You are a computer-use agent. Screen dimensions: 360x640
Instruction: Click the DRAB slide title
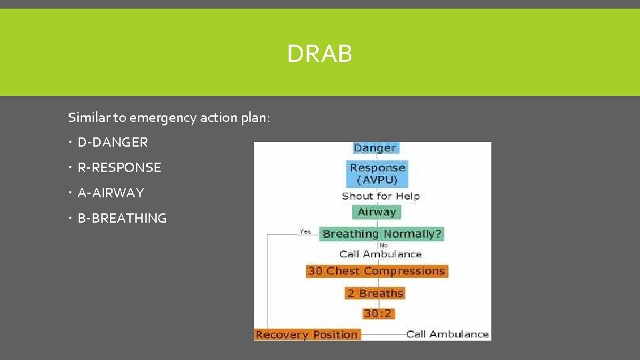click(319, 53)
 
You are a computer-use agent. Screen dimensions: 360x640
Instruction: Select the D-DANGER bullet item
click(113, 142)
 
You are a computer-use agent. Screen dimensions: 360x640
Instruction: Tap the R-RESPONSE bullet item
click(119, 167)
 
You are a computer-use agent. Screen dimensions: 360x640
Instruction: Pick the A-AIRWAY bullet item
click(111, 193)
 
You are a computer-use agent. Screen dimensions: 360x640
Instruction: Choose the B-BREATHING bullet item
click(122, 218)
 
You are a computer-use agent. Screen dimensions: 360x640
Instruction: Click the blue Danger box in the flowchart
click(375, 148)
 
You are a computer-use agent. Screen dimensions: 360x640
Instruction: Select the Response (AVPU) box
click(377, 173)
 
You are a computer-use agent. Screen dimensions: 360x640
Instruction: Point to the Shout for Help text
click(381, 196)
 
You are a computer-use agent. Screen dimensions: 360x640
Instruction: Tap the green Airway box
click(377, 212)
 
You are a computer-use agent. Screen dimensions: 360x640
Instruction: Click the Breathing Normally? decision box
click(382, 234)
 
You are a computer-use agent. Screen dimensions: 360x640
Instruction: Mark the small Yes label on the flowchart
click(305, 231)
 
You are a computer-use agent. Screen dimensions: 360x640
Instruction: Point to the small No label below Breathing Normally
click(383, 245)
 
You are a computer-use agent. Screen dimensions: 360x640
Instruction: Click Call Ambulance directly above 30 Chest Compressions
click(381, 254)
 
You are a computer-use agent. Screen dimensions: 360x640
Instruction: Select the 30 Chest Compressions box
click(377, 271)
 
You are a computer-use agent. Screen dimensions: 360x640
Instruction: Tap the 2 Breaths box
click(375, 293)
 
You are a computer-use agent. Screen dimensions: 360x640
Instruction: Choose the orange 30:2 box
click(377, 313)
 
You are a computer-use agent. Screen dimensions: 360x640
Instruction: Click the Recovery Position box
click(307, 335)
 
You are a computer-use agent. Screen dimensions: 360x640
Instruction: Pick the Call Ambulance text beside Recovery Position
click(447, 334)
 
